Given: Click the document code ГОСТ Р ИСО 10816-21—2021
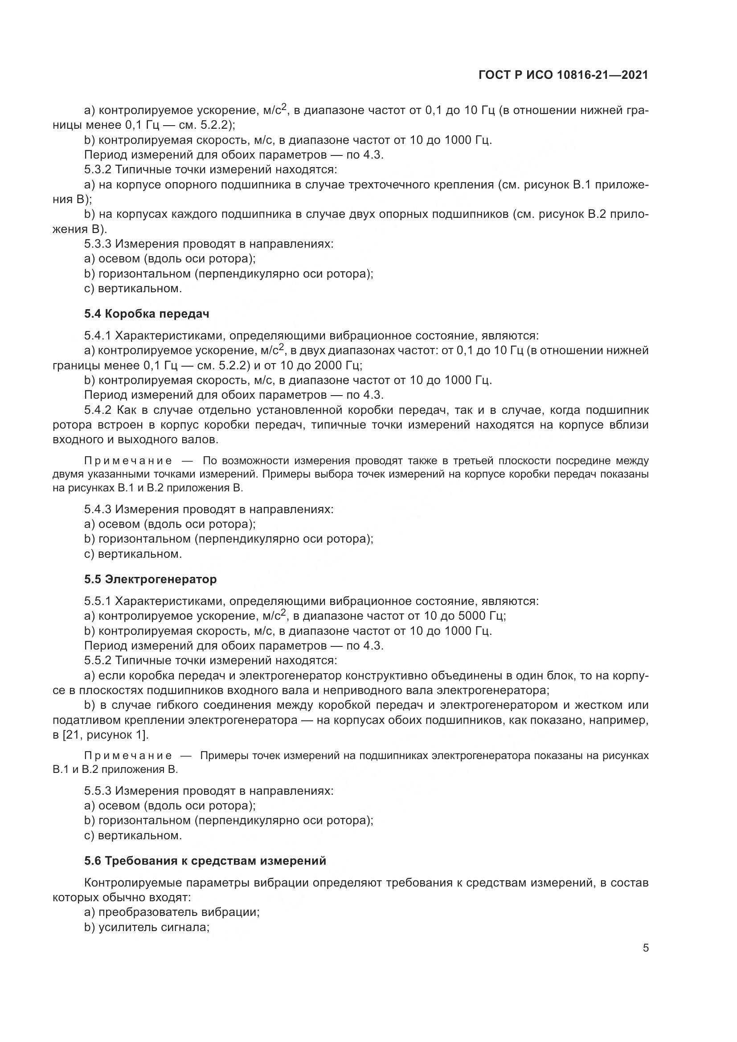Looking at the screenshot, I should (x=563, y=75).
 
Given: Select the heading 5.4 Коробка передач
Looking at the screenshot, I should (x=147, y=314).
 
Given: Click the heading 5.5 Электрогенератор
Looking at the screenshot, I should (x=150, y=579).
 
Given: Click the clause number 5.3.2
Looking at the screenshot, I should (x=98, y=170).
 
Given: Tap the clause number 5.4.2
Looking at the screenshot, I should (x=98, y=410).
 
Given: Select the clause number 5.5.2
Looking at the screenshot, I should (x=98, y=660).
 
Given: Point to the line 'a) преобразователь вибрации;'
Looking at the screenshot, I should (x=172, y=912).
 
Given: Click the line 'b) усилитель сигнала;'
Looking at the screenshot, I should (x=147, y=927).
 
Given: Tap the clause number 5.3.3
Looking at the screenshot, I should (x=98, y=244).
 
